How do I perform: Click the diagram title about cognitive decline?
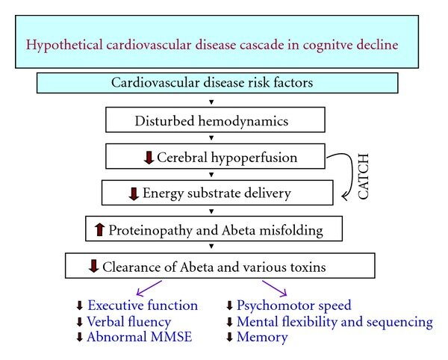[x=211, y=43]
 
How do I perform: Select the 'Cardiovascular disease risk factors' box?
[x=217, y=82]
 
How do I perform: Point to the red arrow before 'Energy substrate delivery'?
[x=134, y=193]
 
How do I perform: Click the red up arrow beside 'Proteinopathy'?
[x=99, y=230]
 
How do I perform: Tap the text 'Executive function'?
[x=143, y=305]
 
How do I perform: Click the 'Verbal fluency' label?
[x=129, y=322]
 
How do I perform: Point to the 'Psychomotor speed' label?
[x=293, y=305]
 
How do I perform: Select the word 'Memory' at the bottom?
[x=262, y=338]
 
